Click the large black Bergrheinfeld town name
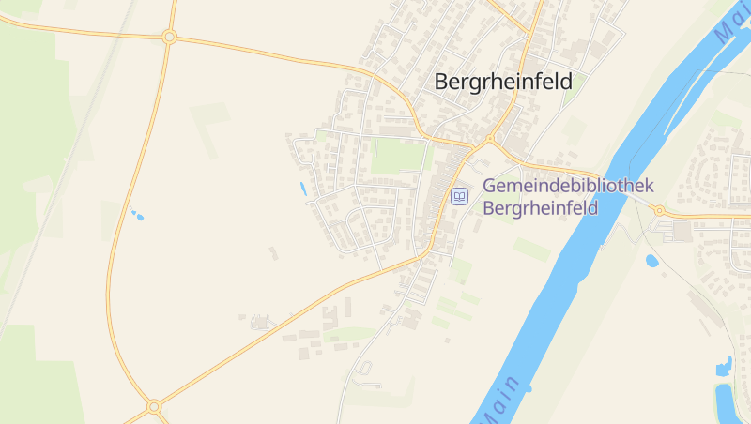pyautogui.click(x=502, y=82)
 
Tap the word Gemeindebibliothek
pyautogui.click(x=568, y=186)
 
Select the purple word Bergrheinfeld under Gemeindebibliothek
pyautogui.click(x=540, y=207)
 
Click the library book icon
pyautogui.click(x=459, y=196)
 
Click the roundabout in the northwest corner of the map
pyautogui.click(x=169, y=37)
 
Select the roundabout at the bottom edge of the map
pyautogui.click(x=154, y=407)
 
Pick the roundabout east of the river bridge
pyautogui.click(x=659, y=210)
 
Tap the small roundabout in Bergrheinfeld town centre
pyautogui.click(x=489, y=138)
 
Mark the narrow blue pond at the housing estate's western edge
pyautogui.click(x=302, y=189)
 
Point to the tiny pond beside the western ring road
pyautogui.click(x=138, y=216)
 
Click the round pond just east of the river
pyautogui.click(x=651, y=260)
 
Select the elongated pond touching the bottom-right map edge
pyautogui.click(x=724, y=401)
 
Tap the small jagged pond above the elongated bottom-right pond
pyautogui.click(x=723, y=367)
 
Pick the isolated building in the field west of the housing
pyautogui.click(x=273, y=252)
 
